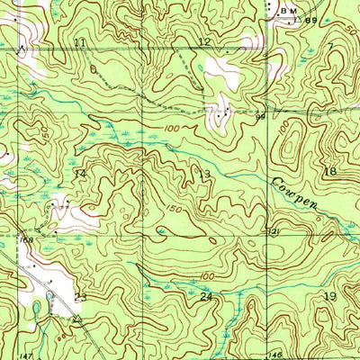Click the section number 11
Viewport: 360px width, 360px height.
(x=81, y=42)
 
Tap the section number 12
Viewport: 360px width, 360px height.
(x=204, y=41)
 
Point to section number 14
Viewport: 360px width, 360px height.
(x=79, y=173)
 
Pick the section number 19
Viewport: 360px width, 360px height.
(x=329, y=296)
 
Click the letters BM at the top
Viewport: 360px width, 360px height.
(x=287, y=10)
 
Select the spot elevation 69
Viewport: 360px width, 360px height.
(x=311, y=20)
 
